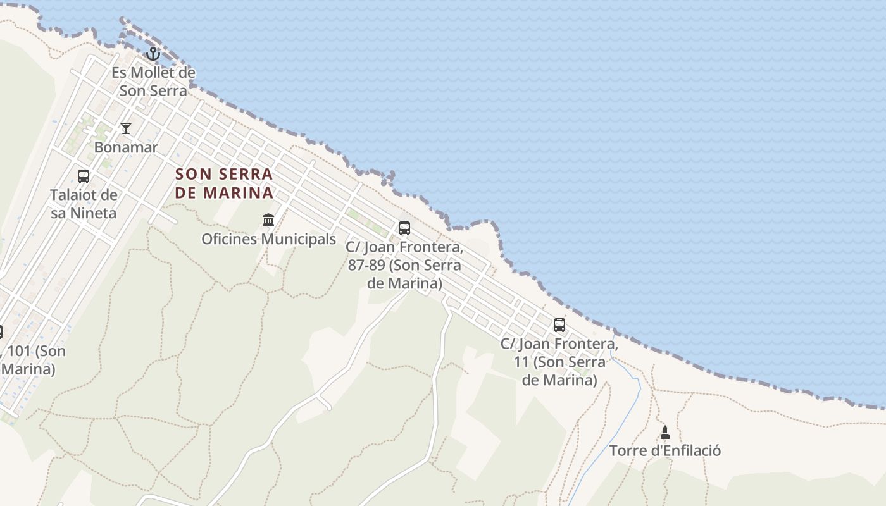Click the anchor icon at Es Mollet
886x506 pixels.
pyautogui.click(x=153, y=53)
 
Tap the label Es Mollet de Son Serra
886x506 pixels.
pyautogui.click(x=153, y=82)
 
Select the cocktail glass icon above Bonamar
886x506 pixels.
pyautogui.click(x=126, y=128)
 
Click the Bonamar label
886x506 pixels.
pyautogui.click(x=126, y=147)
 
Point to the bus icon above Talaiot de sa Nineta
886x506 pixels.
pyautogui.click(x=84, y=176)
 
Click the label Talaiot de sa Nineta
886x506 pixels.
pyautogui.click(x=84, y=204)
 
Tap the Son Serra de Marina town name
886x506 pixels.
pyautogui.click(x=224, y=183)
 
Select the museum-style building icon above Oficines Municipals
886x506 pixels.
pyautogui.click(x=268, y=220)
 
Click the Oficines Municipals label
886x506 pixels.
pyautogui.click(x=268, y=239)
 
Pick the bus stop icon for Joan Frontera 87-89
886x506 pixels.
pyautogui.click(x=404, y=228)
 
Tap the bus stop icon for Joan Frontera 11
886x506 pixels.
pyautogui.click(x=559, y=325)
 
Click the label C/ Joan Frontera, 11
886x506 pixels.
pyautogui.click(x=559, y=362)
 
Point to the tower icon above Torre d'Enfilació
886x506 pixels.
pyautogui.click(x=665, y=433)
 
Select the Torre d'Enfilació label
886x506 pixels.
pyautogui.click(x=665, y=451)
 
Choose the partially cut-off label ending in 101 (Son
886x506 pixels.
pyautogui.click(x=32, y=352)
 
